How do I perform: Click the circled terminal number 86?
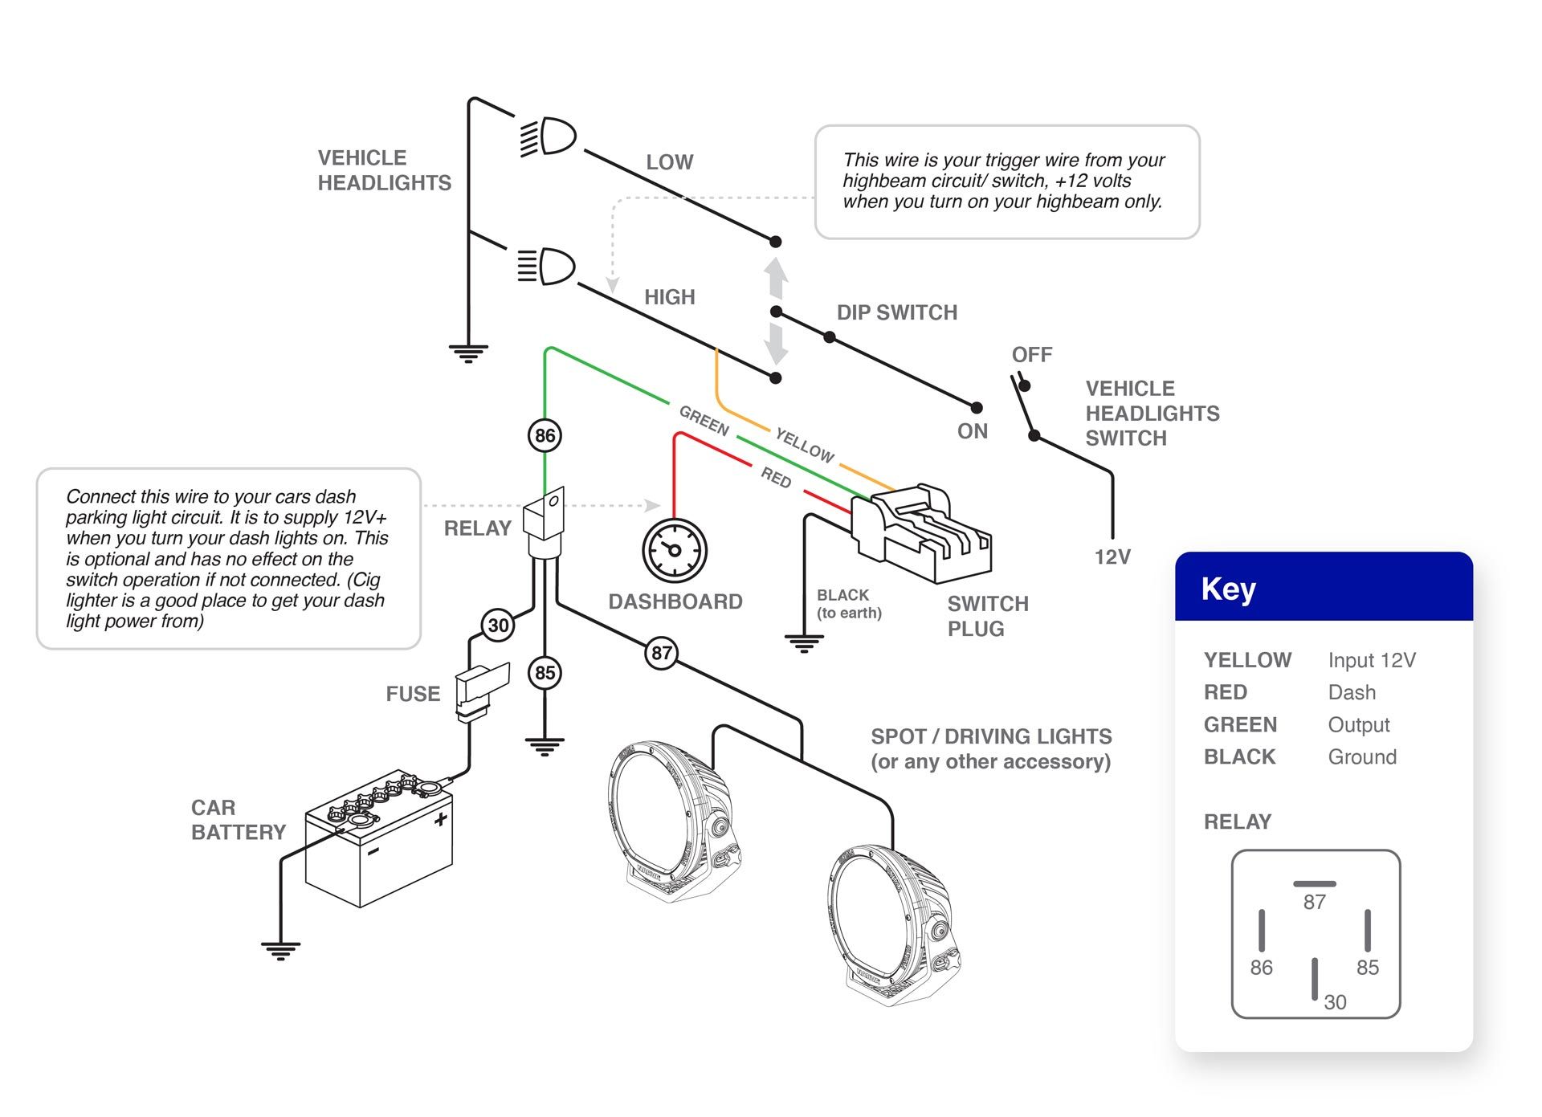[545, 435]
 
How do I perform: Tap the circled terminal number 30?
[498, 626]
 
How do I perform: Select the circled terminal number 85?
[545, 673]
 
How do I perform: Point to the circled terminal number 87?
[661, 653]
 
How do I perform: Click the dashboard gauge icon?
[675, 551]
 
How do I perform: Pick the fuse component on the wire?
[480, 690]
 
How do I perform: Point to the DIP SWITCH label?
[896, 312]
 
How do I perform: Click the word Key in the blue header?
[1228, 589]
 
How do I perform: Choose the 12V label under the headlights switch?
[1112, 556]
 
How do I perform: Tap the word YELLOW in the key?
[1247, 660]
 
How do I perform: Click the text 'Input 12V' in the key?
[1372, 660]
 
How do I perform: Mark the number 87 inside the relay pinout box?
[1314, 902]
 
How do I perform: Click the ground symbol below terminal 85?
[545, 747]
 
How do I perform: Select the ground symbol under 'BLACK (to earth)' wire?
[804, 643]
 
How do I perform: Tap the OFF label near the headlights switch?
[1031, 355]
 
